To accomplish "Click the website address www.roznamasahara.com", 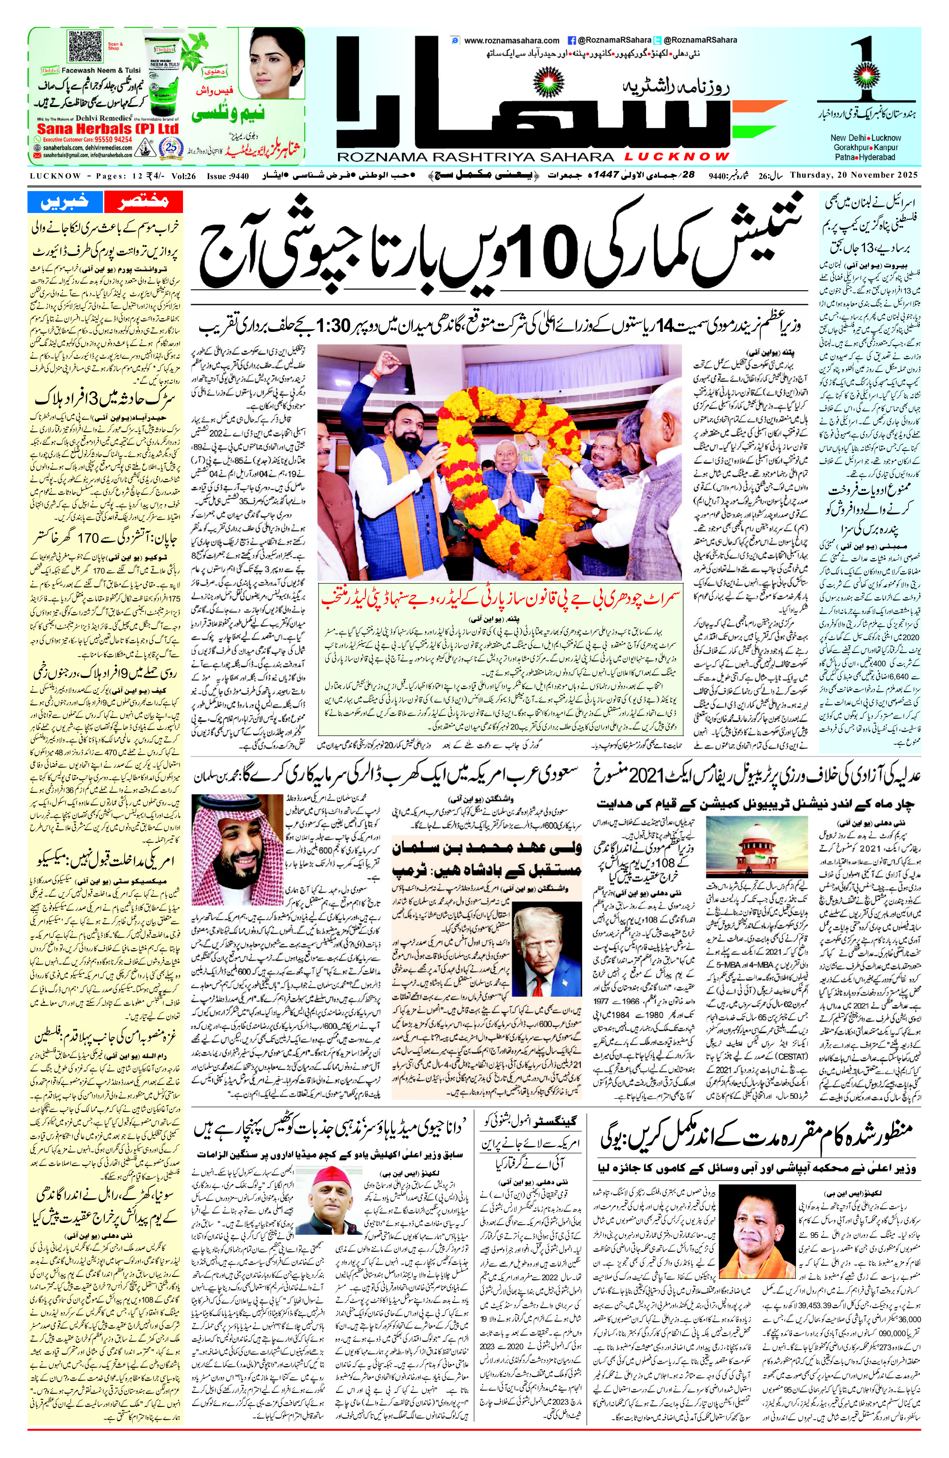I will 512,41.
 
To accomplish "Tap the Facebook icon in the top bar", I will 572,41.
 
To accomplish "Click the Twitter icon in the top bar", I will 658,41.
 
